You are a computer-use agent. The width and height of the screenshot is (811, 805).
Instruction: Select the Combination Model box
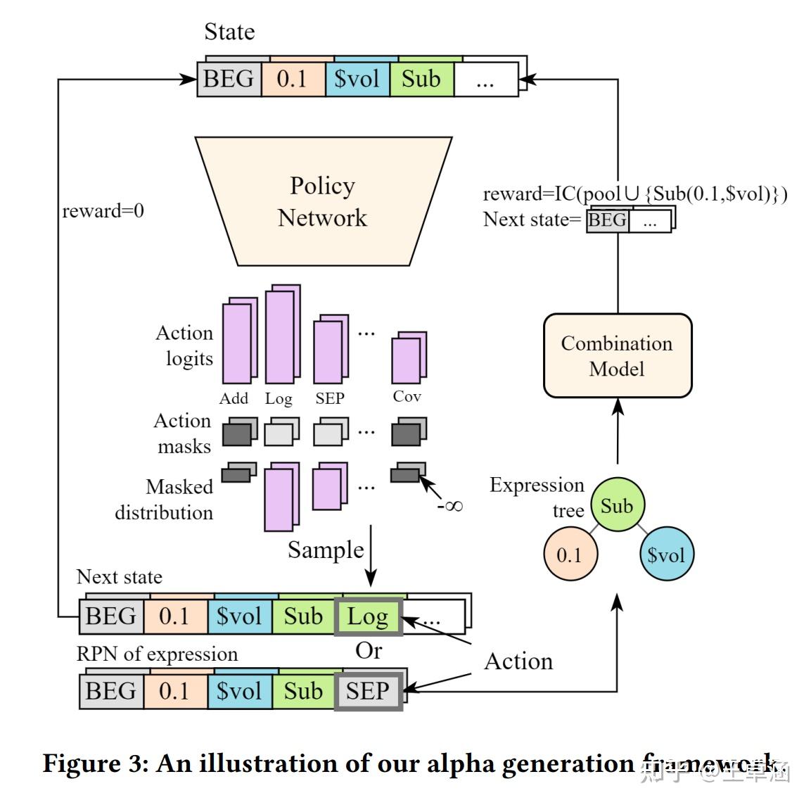click(x=617, y=356)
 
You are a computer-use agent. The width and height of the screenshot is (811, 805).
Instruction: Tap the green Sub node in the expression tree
click(x=617, y=506)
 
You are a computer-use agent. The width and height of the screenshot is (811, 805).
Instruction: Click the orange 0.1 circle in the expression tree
click(x=570, y=554)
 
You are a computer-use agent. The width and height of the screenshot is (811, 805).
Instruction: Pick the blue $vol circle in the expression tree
click(x=665, y=554)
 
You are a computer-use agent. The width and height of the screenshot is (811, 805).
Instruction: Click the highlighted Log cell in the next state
click(x=368, y=617)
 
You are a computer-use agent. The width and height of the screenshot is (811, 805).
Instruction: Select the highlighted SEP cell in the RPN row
click(x=368, y=691)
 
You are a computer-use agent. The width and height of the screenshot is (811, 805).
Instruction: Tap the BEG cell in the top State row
click(x=229, y=79)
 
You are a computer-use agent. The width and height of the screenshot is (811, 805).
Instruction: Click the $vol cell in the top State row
click(x=357, y=79)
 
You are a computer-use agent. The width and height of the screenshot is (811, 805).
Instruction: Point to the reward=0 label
click(x=103, y=210)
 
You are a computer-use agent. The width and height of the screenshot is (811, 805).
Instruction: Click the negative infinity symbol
click(x=449, y=505)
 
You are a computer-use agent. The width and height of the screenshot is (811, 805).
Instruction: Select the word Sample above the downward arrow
click(x=326, y=550)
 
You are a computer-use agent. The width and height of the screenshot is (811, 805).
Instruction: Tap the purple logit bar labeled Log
click(x=281, y=336)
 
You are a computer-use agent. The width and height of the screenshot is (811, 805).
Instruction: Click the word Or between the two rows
click(x=369, y=652)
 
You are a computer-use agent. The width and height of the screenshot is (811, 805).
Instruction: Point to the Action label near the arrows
click(x=518, y=661)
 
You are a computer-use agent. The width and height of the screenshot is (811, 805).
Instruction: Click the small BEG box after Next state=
click(x=607, y=220)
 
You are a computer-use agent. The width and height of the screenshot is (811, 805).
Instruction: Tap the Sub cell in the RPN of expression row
click(x=303, y=691)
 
